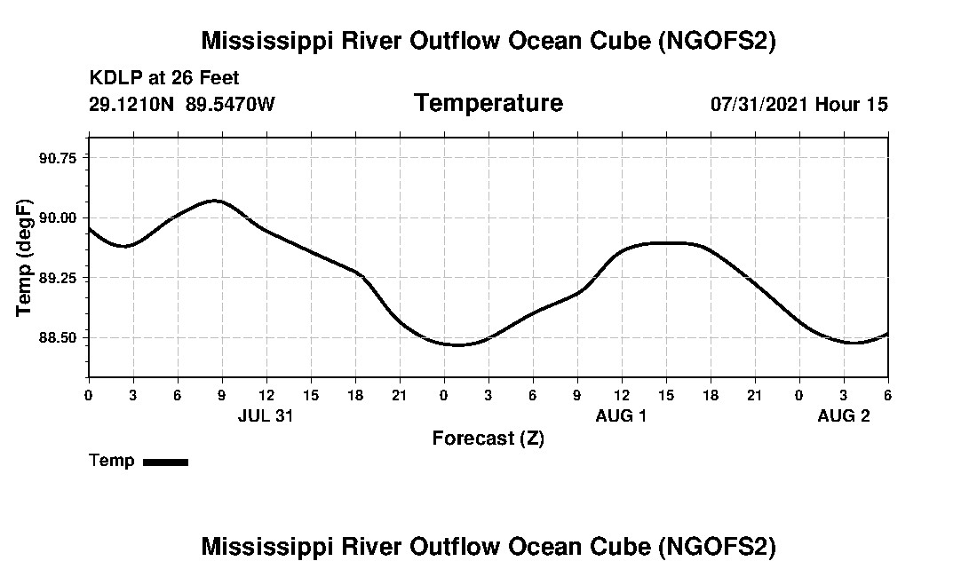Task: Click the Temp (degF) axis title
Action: [x=24, y=257]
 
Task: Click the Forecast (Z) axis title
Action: [x=488, y=438]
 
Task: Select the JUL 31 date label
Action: [x=266, y=415]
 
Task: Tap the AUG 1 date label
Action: [x=621, y=415]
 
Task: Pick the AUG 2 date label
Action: [x=843, y=415]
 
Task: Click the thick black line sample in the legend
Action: [x=165, y=462]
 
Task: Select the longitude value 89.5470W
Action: [x=230, y=104]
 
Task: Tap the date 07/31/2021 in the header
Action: [x=759, y=104]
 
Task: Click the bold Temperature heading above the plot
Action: [x=488, y=103]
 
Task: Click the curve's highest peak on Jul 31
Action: [x=215, y=201]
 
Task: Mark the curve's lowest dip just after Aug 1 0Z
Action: [x=458, y=345]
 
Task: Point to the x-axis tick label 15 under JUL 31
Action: [x=310, y=394]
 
